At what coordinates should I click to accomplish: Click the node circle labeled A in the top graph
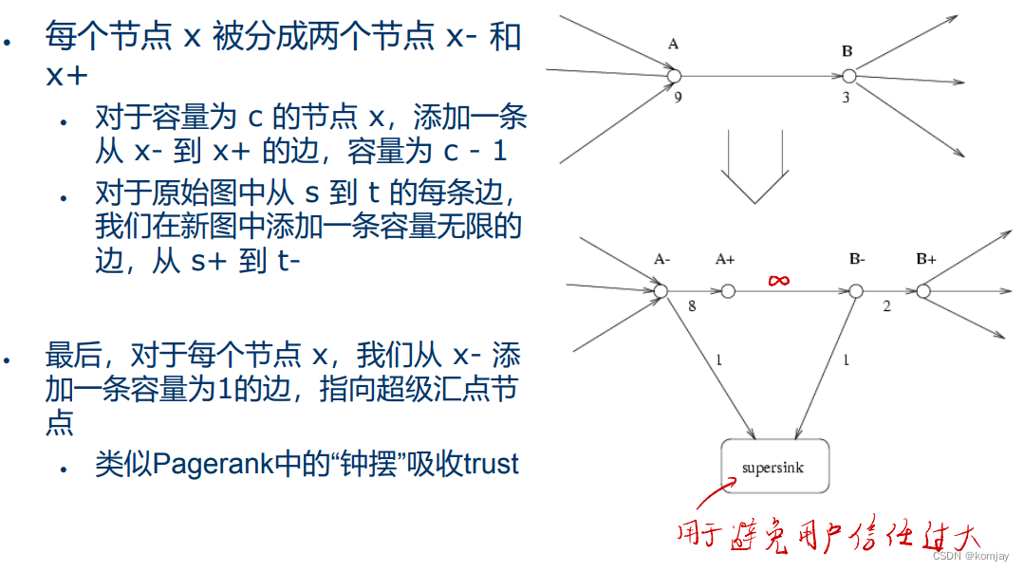pyautogui.click(x=674, y=76)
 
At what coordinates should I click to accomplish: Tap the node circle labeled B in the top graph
pyautogui.click(x=848, y=76)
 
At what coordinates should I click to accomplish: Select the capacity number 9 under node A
pyautogui.click(x=678, y=97)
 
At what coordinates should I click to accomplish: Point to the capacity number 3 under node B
pyautogui.click(x=846, y=97)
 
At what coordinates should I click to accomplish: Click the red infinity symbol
pyautogui.click(x=779, y=279)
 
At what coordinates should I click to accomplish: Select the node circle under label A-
pyautogui.click(x=661, y=291)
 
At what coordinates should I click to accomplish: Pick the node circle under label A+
pyautogui.click(x=728, y=291)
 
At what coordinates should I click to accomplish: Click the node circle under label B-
pyautogui.click(x=855, y=291)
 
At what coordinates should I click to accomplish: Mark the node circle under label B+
pyautogui.click(x=923, y=291)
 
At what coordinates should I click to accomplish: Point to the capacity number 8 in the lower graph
pyautogui.click(x=691, y=306)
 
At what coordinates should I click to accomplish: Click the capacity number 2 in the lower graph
pyautogui.click(x=886, y=306)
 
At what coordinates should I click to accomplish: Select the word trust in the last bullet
pyautogui.click(x=492, y=464)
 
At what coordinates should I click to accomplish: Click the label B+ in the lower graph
pyautogui.click(x=925, y=258)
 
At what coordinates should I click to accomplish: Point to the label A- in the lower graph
pyautogui.click(x=661, y=258)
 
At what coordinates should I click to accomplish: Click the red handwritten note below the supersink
pyautogui.click(x=826, y=533)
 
